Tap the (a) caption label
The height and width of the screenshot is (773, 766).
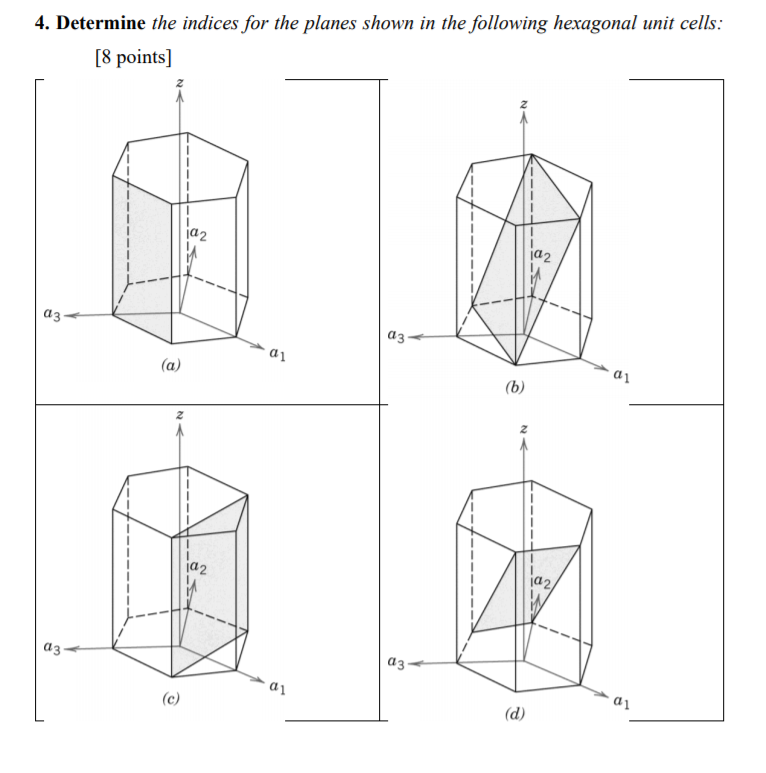pos(171,367)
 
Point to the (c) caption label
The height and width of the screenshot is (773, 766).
pos(171,698)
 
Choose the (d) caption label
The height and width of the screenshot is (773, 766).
pos(515,716)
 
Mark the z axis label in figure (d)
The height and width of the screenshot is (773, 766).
pos(522,430)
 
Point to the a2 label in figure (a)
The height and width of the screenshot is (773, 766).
pos(198,236)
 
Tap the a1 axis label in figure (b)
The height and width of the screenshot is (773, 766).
pos(621,376)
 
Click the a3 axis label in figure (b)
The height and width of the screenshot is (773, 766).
pos(397,337)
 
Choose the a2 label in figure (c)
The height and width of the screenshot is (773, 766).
pos(198,569)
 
